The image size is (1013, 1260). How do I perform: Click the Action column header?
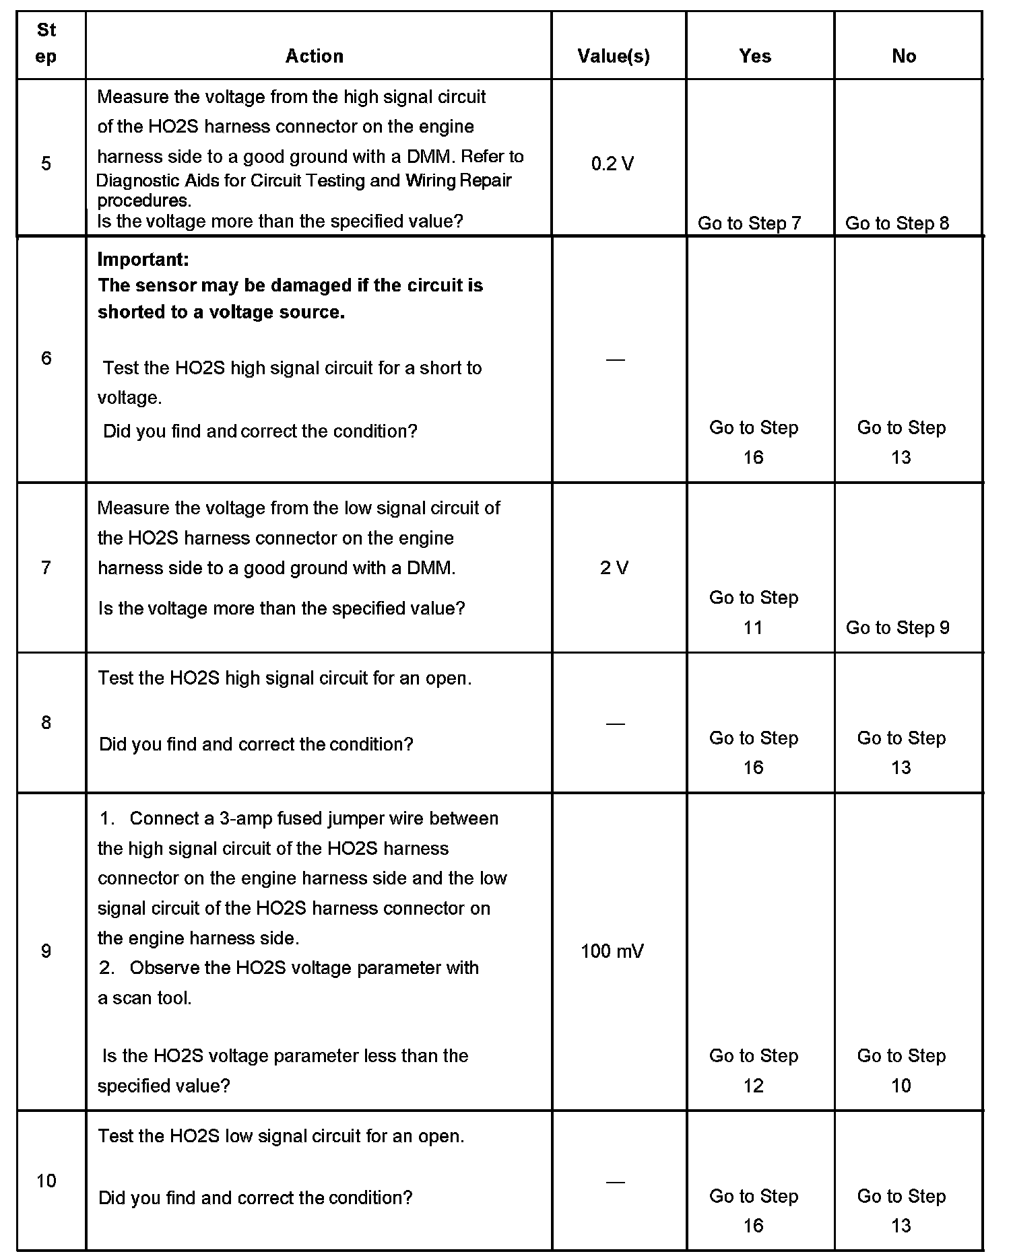point(314,56)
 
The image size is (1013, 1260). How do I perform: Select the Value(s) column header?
point(614,56)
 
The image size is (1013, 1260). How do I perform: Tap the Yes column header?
point(754,56)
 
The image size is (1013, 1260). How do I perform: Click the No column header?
point(904,56)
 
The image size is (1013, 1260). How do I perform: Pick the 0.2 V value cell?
point(612,164)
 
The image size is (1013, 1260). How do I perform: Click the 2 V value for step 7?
point(614,568)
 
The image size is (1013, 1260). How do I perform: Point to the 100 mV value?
point(612,951)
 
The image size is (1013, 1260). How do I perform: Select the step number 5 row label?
point(46,164)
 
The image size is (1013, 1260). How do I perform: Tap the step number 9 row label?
point(46,951)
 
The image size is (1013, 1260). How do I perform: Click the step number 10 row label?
point(46,1181)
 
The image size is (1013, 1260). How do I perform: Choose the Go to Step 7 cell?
point(749,223)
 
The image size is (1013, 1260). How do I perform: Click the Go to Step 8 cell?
point(897,223)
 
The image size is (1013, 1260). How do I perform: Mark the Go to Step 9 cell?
point(897,627)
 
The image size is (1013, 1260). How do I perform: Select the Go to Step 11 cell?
point(754,612)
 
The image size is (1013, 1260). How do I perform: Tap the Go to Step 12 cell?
point(754,1070)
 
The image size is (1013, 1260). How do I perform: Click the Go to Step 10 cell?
point(901,1070)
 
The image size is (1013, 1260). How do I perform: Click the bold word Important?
point(143,259)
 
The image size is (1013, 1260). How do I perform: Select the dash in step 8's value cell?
point(615,724)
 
